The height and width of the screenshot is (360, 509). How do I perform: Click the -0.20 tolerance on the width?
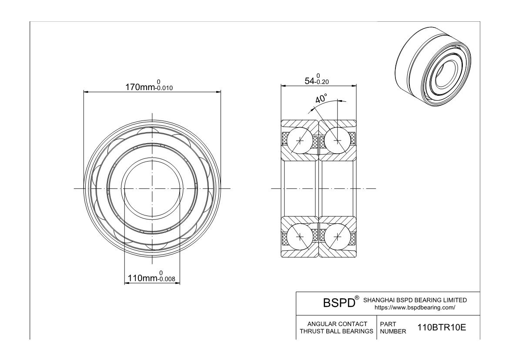[322, 82]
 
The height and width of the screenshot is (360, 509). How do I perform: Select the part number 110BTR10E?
[442, 327]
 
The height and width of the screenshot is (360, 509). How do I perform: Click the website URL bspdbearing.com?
[415, 307]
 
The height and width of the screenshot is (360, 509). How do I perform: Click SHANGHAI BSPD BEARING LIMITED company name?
[415, 300]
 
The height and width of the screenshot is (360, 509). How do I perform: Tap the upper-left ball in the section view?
[300, 141]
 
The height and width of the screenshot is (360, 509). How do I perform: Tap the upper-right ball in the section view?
[338, 141]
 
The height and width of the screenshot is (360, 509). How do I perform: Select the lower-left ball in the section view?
[300, 236]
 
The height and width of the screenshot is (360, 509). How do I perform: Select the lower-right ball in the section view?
[338, 236]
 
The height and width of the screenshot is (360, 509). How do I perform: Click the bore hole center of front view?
[152, 188]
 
